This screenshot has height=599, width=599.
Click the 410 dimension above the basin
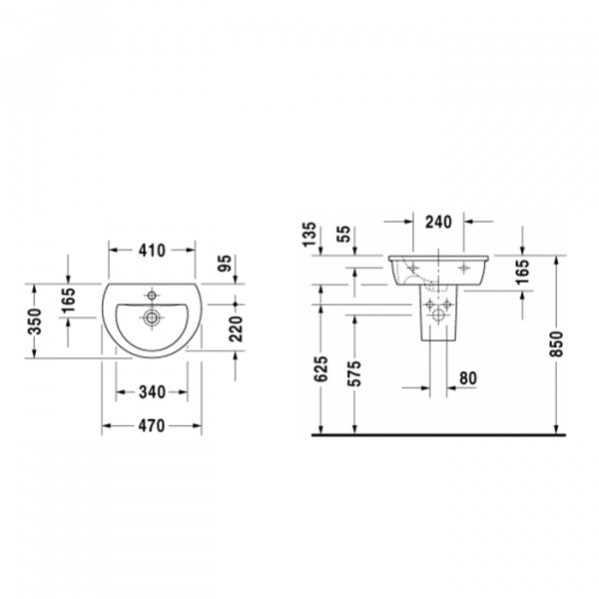[152, 251]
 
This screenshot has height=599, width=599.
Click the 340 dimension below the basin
[152, 391]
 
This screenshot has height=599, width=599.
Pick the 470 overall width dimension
[152, 425]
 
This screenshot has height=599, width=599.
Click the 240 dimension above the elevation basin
[438, 223]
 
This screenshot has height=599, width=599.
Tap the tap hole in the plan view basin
[152, 296]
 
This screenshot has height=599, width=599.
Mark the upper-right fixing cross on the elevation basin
[463, 267]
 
